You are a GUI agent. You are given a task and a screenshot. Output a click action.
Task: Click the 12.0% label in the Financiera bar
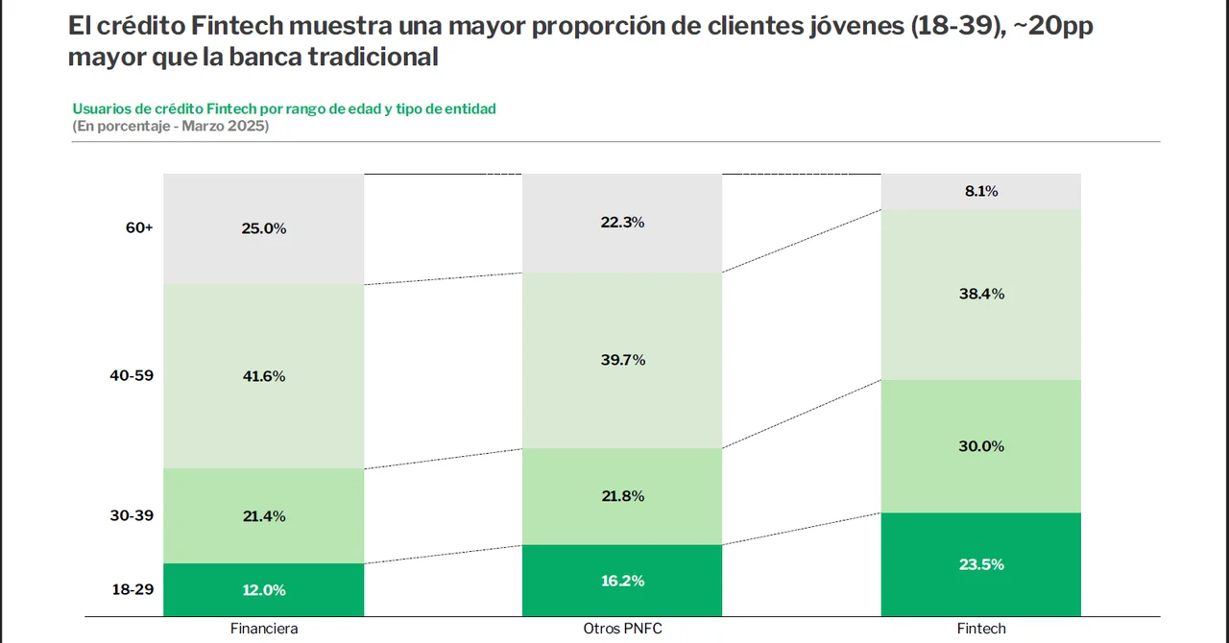pyautogui.click(x=264, y=590)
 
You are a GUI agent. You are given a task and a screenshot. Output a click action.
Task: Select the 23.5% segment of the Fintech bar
pyautogui.click(x=981, y=564)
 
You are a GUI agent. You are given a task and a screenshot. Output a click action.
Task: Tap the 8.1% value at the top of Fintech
pyautogui.click(x=981, y=191)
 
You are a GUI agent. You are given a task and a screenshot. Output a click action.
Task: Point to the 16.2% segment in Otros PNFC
pyautogui.click(x=622, y=581)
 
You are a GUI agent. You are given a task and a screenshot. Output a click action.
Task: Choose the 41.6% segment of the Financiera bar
pyautogui.click(x=264, y=376)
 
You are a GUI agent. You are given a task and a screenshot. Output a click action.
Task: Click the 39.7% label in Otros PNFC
pyautogui.click(x=622, y=360)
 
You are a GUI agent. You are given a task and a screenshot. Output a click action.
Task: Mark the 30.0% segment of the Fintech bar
pyautogui.click(x=981, y=446)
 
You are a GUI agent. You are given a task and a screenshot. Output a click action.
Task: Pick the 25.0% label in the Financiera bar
pyautogui.click(x=264, y=228)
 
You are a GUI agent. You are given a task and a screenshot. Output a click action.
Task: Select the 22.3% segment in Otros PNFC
pyautogui.click(x=622, y=223)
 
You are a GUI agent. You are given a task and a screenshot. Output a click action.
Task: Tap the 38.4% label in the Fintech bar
pyautogui.click(x=981, y=294)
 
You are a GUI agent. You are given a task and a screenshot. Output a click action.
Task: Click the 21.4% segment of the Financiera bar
pyautogui.click(x=264, y=516)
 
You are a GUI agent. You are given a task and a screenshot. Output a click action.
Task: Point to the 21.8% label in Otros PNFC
pyautogui.click(x=622, y=496)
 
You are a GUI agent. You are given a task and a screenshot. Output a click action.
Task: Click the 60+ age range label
pyautogui.click(x=138, y=228)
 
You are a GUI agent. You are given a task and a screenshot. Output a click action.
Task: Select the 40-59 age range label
pyautogui.click(x=132, y=376)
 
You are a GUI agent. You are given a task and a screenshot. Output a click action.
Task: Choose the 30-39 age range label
pyautogui.click(x=132, y=515)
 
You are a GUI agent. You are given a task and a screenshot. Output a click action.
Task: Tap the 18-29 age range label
pyautogui.click(x=132, y=589)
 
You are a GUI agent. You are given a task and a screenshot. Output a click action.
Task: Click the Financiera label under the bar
pyautogui.click(x=264, y=629)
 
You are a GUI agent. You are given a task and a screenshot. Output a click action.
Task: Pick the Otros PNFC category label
pyautogui.click(x=622, y=629)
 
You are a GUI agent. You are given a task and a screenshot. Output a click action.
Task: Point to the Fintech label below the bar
pyautogui.click(x=981, y=629)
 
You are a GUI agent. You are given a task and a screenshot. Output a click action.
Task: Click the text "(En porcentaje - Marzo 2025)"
pyautogui.click(x=170, y=127)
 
